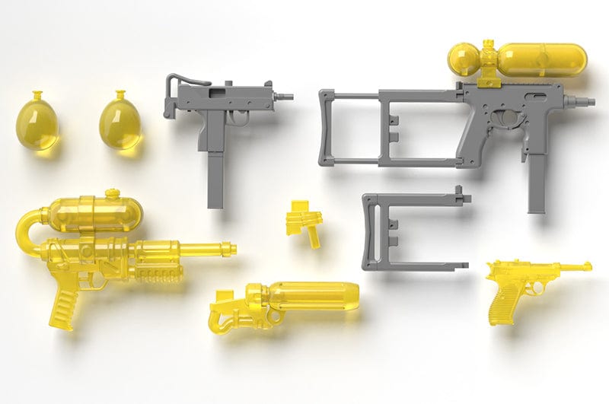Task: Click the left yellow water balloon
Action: [38, 123]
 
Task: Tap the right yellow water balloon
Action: [120, 123]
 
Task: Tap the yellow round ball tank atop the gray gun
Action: [467, 59]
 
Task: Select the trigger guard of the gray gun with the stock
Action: [503, 119]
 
